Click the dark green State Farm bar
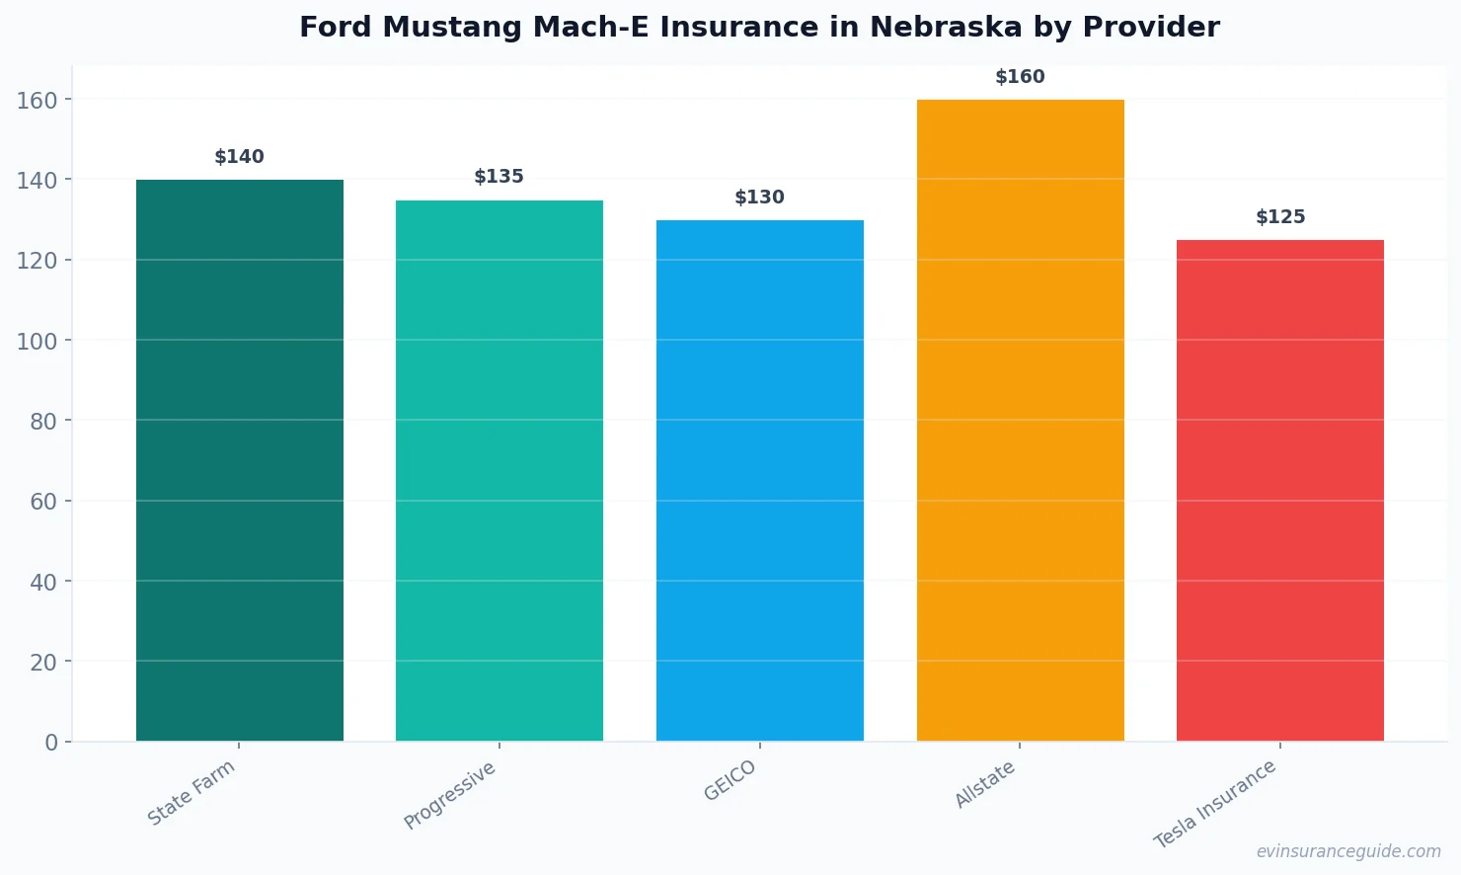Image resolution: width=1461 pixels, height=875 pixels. [240, 460]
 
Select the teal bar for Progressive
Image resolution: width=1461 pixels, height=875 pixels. [500, 470]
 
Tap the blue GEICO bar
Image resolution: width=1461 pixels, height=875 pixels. [760, 480]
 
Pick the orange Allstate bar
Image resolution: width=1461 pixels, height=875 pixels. [1020, 420]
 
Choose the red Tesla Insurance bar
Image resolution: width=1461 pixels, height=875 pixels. [1280, 490]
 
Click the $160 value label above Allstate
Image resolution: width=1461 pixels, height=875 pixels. [1020, 77]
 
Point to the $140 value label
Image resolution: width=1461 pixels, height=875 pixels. [240, 157]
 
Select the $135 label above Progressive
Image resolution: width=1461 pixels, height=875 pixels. [500, 177]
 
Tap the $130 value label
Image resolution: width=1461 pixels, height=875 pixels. [760, 198]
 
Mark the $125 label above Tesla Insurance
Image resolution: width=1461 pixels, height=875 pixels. [1280, 217]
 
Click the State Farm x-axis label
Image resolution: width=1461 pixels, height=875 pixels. [192, 793]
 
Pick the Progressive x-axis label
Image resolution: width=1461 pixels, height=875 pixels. [450, 796]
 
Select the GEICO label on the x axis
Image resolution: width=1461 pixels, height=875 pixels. [730, 781]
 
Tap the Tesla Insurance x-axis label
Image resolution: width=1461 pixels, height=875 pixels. [1215, 804]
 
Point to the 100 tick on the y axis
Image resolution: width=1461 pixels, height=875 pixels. [38, 342]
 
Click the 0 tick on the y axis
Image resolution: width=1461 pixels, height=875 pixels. [51, 743]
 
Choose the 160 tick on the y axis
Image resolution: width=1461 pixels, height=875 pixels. [38, 101]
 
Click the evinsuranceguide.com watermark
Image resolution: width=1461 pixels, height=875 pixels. [1348, 851]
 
